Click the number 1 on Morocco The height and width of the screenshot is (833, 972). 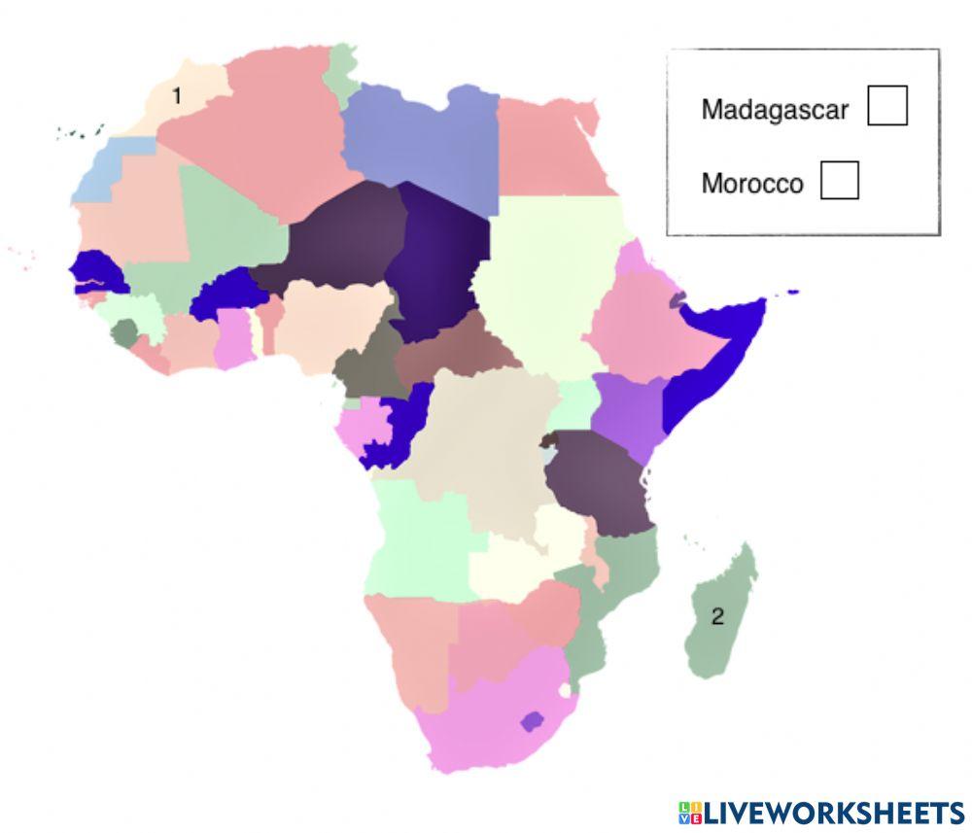tap(176, 95)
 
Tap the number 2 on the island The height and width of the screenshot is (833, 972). tap(717, 616)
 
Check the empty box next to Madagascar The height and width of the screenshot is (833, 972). tap(886, 106)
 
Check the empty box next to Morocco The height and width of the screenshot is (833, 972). tap(839, 181)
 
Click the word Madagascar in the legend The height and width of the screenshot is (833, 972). tap(775, 109)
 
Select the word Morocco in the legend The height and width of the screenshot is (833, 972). tap(752, 184)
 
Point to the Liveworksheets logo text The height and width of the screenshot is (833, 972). tap(821, 813)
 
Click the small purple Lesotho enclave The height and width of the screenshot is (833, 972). tap(531, 721)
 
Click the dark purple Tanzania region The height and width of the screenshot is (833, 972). tap(598, 481)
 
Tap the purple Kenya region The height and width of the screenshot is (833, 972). tap(627, 413)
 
